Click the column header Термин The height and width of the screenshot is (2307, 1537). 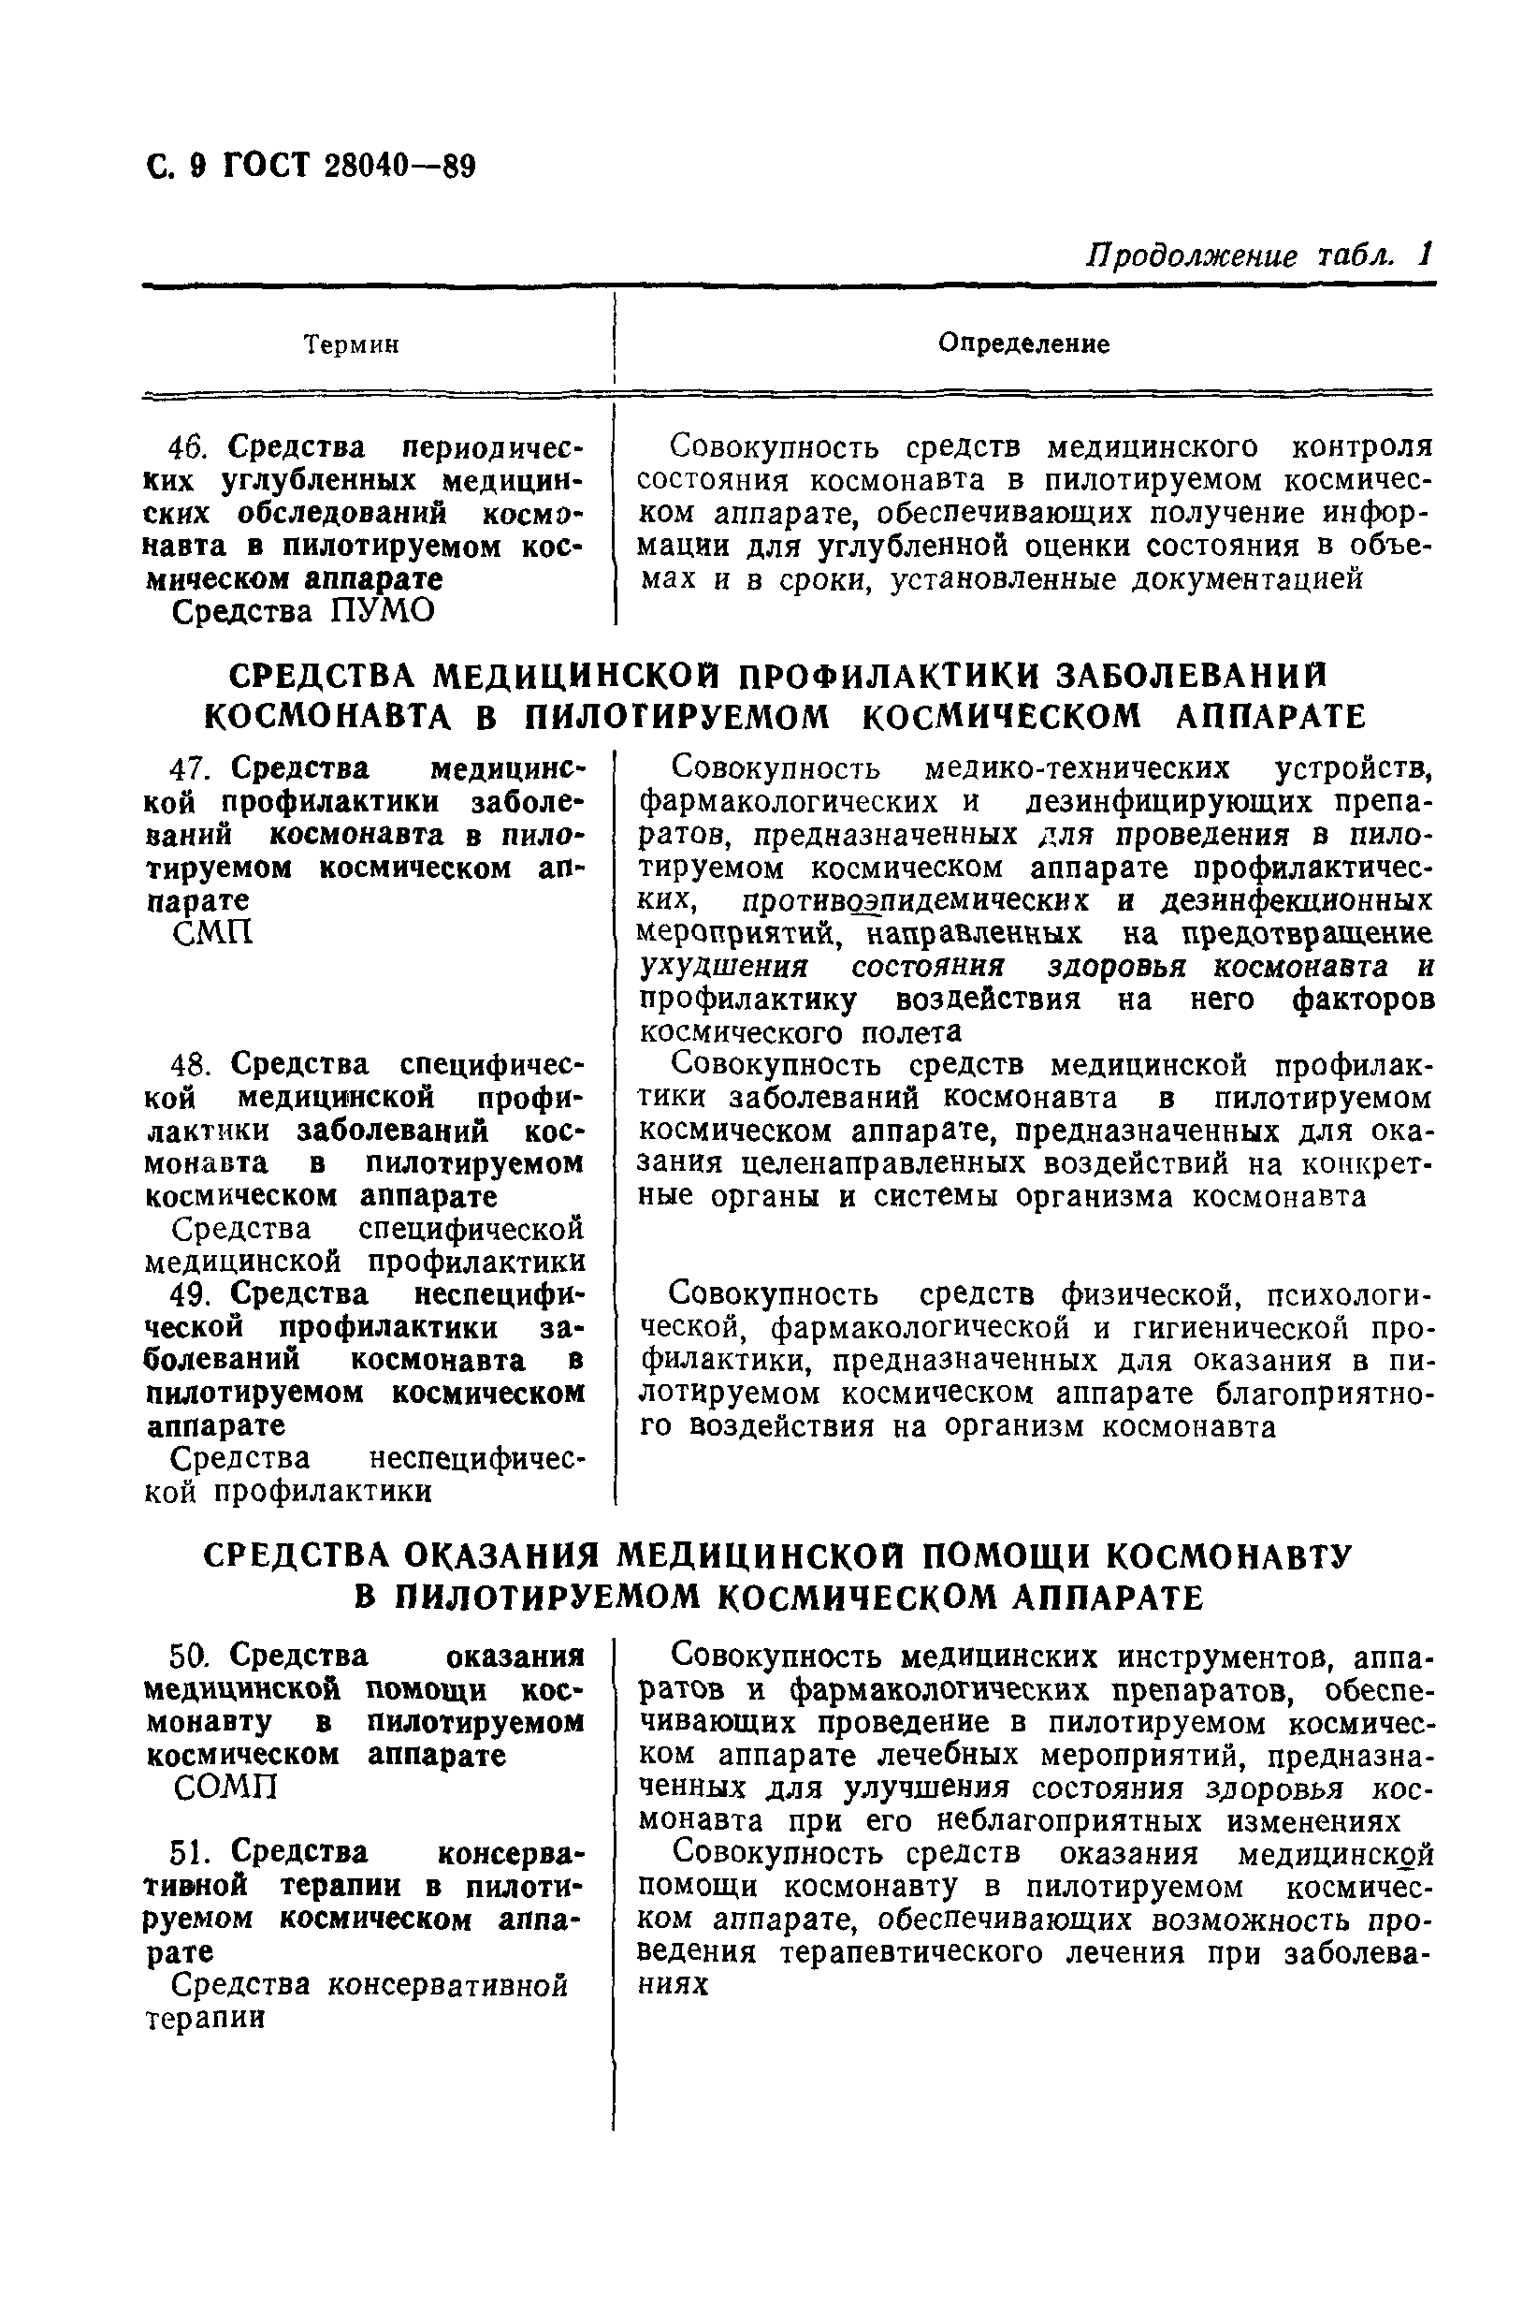point(351,345)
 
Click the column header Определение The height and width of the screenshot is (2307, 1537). point(1023,343)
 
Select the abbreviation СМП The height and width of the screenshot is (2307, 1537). point(212,932)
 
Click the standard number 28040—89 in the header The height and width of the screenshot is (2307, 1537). point(399,167)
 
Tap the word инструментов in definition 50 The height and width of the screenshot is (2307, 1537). point(1209,1656)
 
